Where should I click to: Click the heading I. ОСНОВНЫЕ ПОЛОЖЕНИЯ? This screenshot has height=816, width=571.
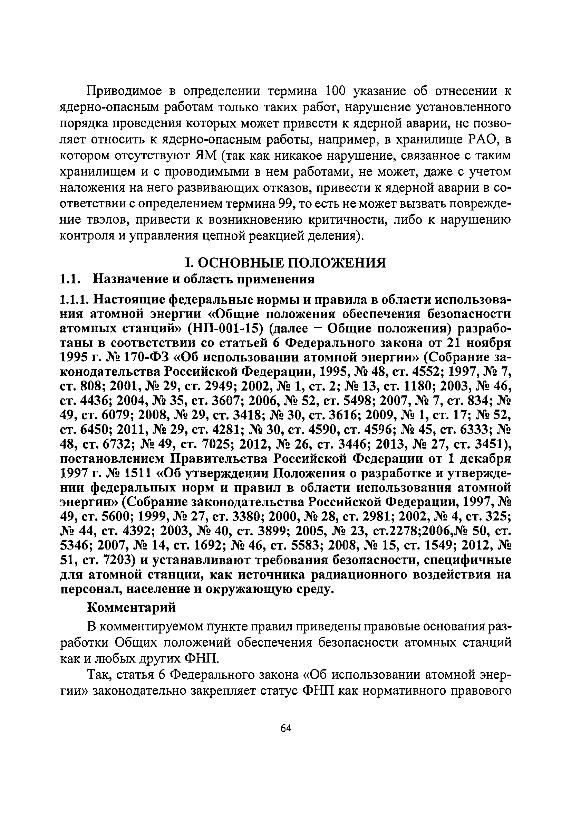pos(285,263)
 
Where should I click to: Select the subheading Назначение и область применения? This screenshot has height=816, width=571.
pos(204,279)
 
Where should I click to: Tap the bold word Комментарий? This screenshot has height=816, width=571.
pos(132,607)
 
